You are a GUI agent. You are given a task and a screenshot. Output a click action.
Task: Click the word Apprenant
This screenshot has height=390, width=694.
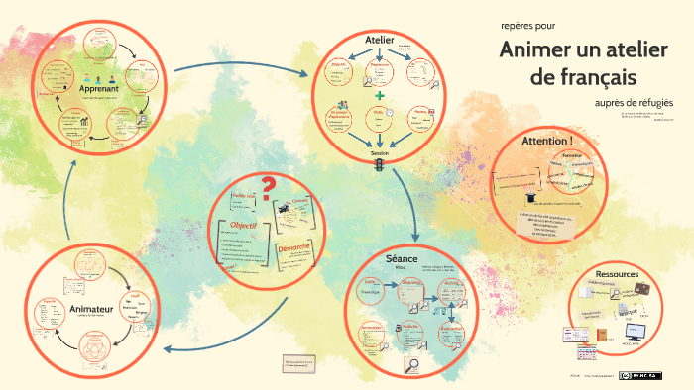[x=99, y=88]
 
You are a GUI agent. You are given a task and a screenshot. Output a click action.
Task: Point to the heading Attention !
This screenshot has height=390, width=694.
[x=547, y=141]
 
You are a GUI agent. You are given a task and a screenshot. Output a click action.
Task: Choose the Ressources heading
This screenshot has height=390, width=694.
[x=617, y=273]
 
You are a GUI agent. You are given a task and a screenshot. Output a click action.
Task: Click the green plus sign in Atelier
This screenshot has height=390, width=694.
[x=380, y=95]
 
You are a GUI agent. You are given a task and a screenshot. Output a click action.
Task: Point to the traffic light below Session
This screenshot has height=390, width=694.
[x=378, y=168]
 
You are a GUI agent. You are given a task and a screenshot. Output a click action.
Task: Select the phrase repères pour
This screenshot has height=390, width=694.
[x=521, y=25]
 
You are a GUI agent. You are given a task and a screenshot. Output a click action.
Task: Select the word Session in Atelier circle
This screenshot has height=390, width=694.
[x=380, y=155]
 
